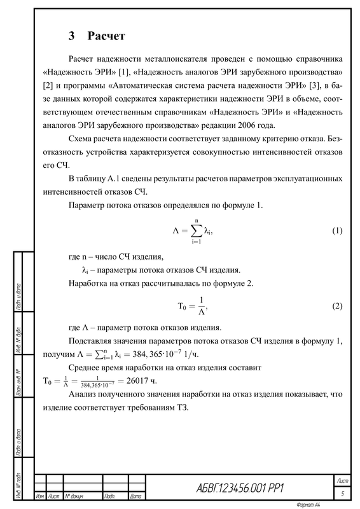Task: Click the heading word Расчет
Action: click(106, 34)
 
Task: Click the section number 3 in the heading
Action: click(73, 34)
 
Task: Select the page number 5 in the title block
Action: click(343, 493)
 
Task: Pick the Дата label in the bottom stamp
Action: click(135, 496)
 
